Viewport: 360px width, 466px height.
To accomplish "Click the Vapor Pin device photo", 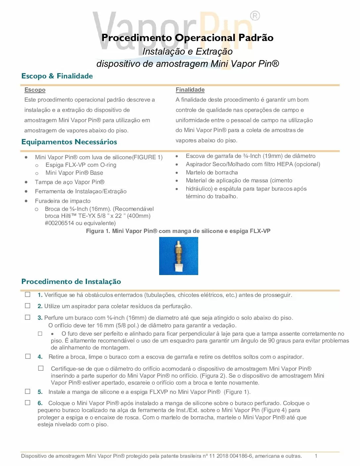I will coord(179,256).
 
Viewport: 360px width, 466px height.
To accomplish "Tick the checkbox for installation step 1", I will coord(28,295).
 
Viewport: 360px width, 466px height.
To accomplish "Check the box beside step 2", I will coord(28,306).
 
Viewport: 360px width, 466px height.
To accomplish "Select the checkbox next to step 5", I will coord(28,392).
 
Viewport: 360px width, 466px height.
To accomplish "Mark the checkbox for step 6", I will coord(28,403).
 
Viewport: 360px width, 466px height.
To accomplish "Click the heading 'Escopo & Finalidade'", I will coord(57,76).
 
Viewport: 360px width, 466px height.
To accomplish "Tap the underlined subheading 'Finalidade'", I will coord(190,90).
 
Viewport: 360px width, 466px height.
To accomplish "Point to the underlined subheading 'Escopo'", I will coord(35,90).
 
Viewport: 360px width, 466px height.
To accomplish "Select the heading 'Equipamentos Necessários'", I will coord(69,142).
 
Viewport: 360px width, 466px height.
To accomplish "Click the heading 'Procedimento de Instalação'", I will coord(71,282).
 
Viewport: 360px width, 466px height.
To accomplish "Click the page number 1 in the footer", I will coord(316,456).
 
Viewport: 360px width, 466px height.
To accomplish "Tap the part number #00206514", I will coord(60,223).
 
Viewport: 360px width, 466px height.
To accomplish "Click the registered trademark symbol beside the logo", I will coord(255,16).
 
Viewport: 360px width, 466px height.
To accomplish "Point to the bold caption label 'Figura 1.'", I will coord(98,231).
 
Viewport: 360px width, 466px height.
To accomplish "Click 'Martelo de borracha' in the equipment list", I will coord(212,172).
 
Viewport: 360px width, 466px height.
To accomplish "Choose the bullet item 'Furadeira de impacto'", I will coord(63,201).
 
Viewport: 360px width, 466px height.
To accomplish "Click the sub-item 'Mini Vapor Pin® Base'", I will coord(74,173).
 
